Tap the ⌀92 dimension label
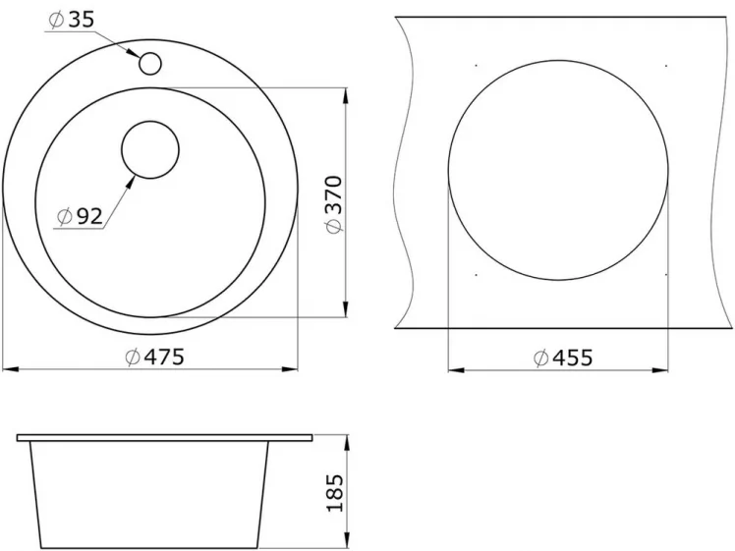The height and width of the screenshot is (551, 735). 79,217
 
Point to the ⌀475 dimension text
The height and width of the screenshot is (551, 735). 155,358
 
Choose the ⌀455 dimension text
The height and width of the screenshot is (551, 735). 563,358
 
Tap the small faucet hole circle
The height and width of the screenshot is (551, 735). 150,63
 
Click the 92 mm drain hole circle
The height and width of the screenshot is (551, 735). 150,149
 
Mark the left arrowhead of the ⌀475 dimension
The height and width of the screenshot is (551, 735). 8,370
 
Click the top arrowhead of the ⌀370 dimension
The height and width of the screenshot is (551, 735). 346,94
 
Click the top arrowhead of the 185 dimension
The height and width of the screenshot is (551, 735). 346,440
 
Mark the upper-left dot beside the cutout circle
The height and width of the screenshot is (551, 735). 476,66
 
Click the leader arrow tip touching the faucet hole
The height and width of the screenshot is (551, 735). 138,56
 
